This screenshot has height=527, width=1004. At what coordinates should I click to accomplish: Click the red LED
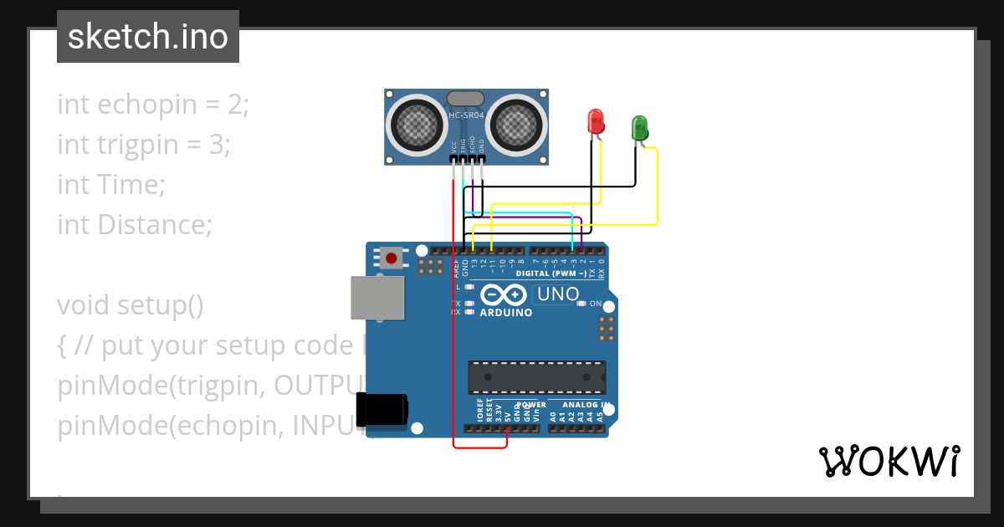(x=596, y=121)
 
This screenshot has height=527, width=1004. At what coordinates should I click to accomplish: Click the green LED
(x=639, y=128)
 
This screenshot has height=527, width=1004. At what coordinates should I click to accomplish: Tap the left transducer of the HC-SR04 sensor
(x=415, y=125)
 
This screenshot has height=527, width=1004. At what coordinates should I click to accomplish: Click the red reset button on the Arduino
(x=391, y=257)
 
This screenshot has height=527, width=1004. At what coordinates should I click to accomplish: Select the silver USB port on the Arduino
(x=376, y=297)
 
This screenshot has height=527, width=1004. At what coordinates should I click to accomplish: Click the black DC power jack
(x=382, y=410)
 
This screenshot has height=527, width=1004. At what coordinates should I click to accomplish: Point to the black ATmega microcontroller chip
(x=536, y=376)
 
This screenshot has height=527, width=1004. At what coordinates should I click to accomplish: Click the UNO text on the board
(x=557, y=294)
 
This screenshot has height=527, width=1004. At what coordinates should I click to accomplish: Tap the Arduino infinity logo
(x=504, y=294)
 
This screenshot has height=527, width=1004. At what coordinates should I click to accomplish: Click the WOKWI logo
(x=889, y=461)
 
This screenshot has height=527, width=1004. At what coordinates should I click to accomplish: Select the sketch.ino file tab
(x=148, y=37)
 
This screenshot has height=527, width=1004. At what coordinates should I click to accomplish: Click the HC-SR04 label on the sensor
(x=466, y=115)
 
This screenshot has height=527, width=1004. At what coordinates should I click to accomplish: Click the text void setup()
(x=131, y=305)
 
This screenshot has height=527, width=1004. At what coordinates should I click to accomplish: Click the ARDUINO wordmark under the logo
(x=505, y=313)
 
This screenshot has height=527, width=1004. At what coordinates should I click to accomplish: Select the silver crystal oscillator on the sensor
(x=466, y=99)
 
